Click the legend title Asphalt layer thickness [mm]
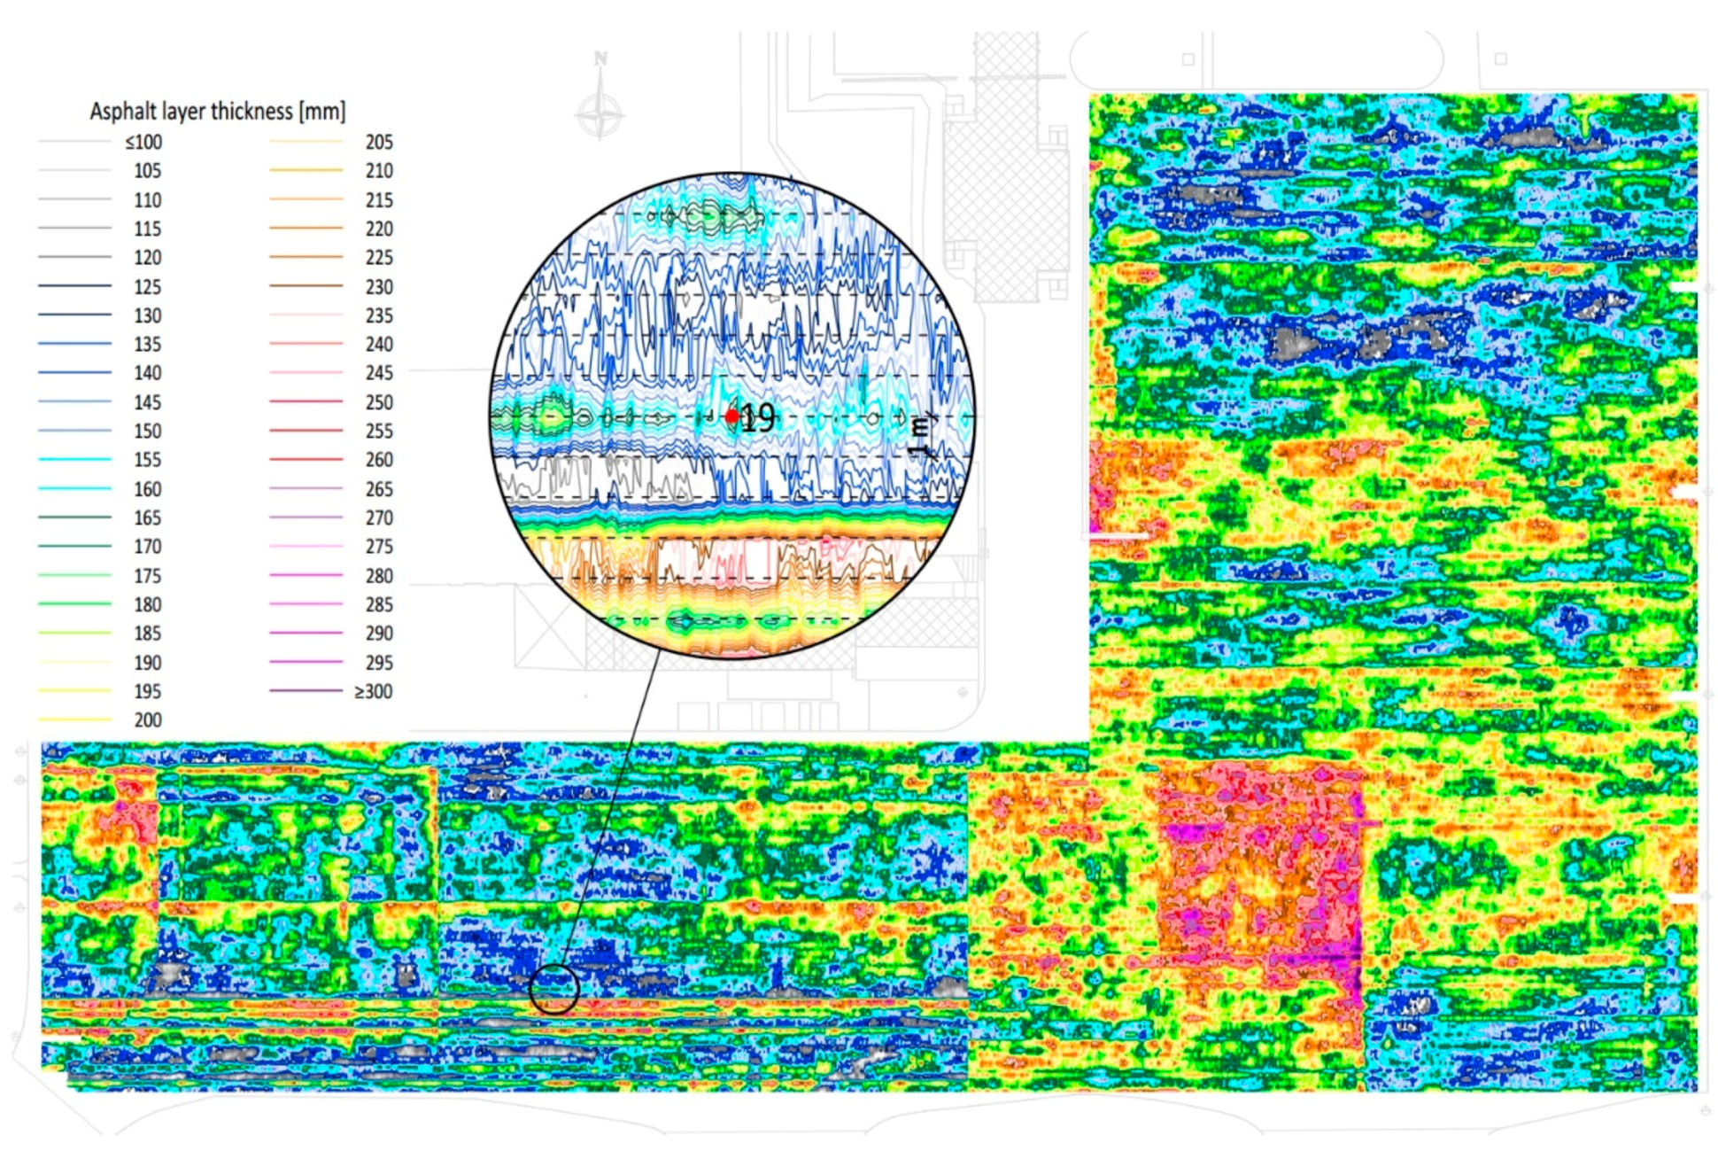click(217, 112)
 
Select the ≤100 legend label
click(143, 142)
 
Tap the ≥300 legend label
click(374, 691)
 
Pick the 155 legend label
click(147, 460)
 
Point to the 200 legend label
click(147, 720)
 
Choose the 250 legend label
click(379, 402)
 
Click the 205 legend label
click(379, 142)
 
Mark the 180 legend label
click(147, 604)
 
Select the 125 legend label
click(147, 287)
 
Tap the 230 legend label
click(379, 287)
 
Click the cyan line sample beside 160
click(75, 488)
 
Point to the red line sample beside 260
click(306, 459)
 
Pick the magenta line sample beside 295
click(306, 662)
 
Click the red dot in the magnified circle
click(731, 416)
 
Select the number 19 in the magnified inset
click(758, 417)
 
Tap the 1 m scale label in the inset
click(921, 437)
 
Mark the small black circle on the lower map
click(554, 989)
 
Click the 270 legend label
click(379, 517)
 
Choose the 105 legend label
click(147, 171)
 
